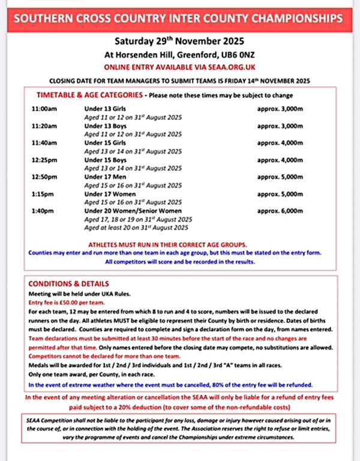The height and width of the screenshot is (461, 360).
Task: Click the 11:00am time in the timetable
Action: pyautogui.click(x=44, y=110)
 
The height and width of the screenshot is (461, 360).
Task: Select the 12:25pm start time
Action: pyautogui.click(x=44, y=160)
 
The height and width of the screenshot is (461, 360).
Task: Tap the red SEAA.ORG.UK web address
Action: pyautogui.click(x=221, y=68)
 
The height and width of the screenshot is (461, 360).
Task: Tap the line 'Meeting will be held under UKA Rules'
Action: pyautogui.click(x=80, y=295)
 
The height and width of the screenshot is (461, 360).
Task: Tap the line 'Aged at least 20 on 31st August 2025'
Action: pyautogui.click(x=137, y=227)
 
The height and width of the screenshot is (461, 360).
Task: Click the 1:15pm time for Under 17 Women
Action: pyautogui.click(x=43, y=194)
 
